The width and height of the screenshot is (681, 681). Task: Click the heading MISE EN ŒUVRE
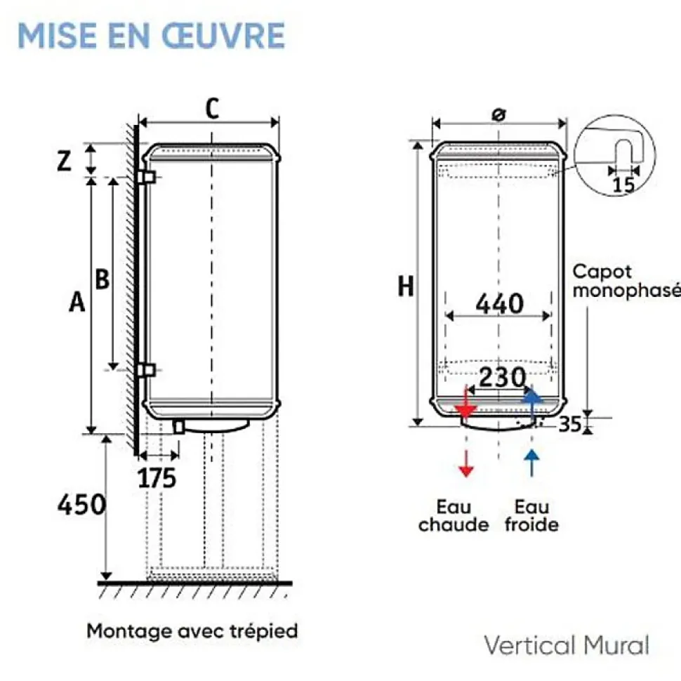coord(151,36)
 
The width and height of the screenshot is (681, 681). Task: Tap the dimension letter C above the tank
coord(212,109)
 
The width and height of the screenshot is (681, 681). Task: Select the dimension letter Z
coord(65,161)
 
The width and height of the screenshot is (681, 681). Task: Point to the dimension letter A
coord(77,302)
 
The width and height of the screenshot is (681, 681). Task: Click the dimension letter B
coord(102,279)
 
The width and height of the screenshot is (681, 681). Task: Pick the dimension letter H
coord(406,286)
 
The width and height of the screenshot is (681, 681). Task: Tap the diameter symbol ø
coord(498,115)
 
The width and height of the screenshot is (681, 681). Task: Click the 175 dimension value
coord(157,478)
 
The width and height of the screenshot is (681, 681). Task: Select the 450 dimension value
coord(81,504)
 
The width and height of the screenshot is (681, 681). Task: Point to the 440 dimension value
coord(499,303)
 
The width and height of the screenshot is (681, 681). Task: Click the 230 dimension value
coord(502,378)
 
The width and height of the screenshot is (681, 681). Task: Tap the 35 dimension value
coord(569,424)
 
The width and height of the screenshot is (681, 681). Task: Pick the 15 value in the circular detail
coord(623,185)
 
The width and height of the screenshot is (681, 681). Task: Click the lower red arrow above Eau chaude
coord(466,463)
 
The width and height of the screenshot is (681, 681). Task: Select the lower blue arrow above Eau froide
coord(531,463)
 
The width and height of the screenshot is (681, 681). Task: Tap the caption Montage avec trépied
coord(192,631)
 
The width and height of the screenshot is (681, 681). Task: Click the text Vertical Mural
coord(567,645)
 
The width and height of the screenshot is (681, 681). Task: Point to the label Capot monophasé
coord(626,282)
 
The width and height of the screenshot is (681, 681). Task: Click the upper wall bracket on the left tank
coord(147,177)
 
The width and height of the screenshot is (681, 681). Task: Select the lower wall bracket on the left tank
coord(147,370)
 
